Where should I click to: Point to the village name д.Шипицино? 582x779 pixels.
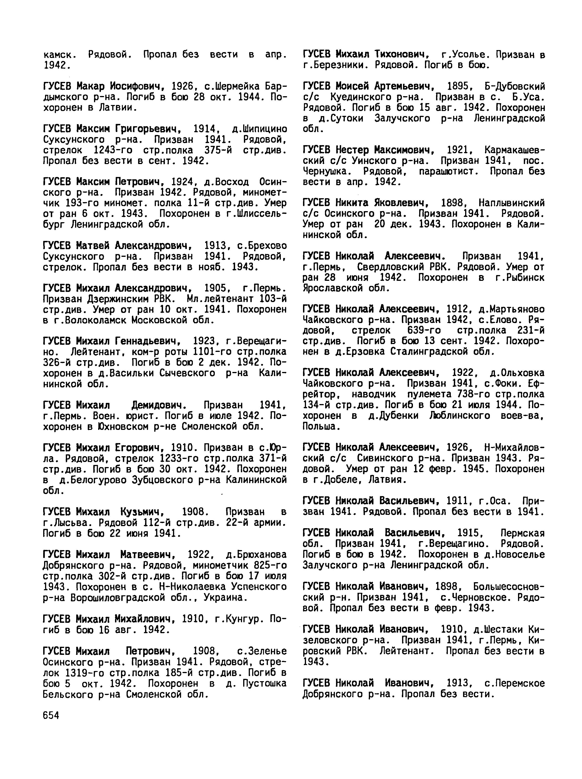click(x=260, y=129)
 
